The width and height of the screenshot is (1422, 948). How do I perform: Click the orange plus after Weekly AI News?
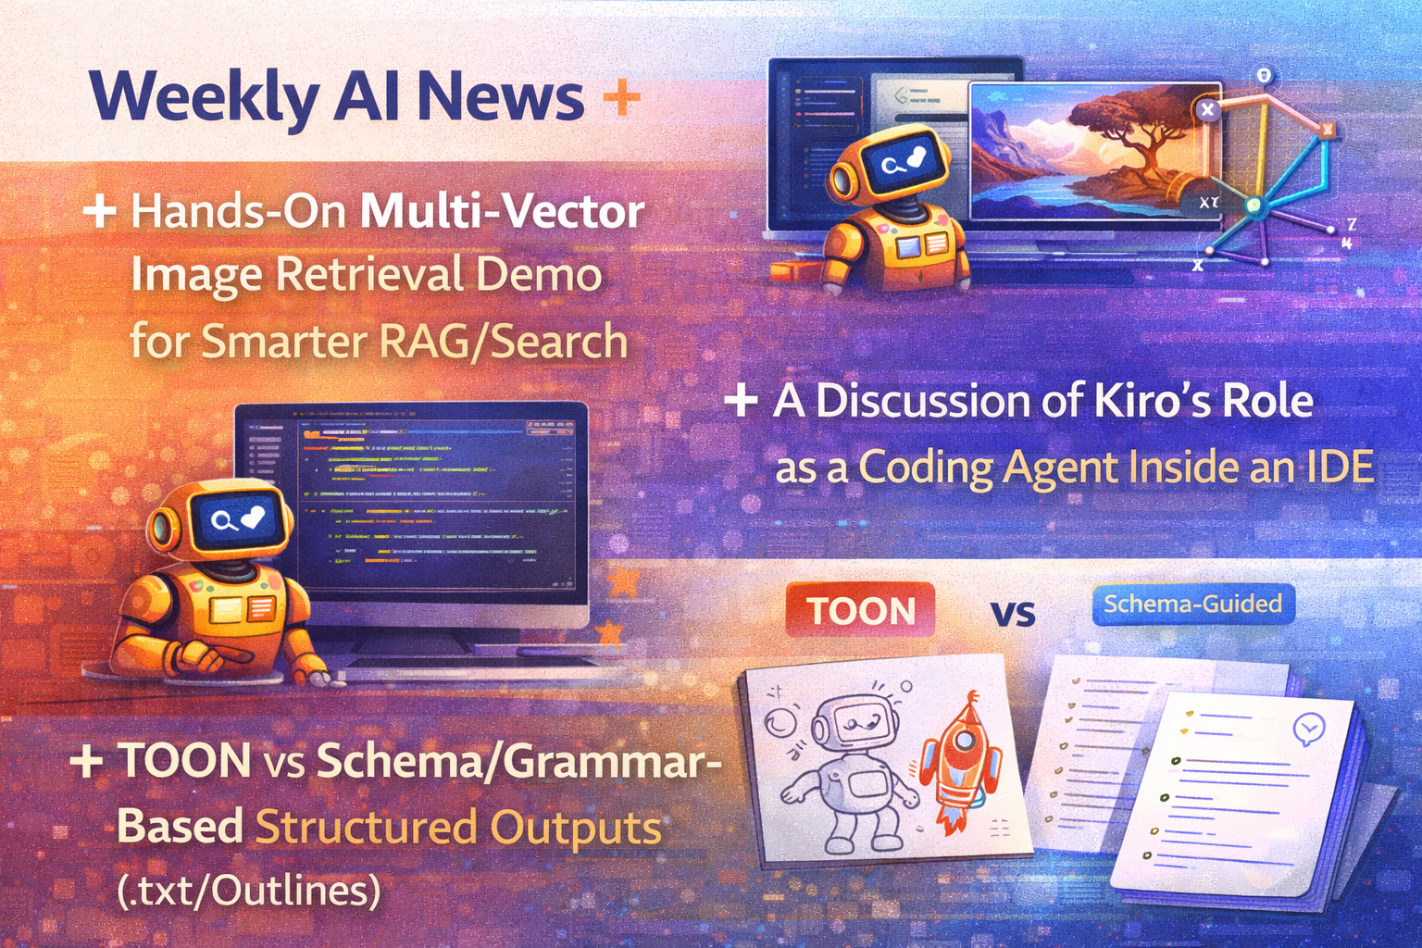[620, 97]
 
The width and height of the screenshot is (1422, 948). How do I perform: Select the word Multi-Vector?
[502, 212]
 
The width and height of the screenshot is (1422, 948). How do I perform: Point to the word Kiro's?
[1154, 402]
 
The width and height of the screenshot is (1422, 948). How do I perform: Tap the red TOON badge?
[860, 611]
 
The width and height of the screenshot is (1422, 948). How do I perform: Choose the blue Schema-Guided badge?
[1192, 605]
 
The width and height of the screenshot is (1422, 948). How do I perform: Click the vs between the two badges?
[1013, 613]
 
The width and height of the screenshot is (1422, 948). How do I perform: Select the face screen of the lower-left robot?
[236, 519]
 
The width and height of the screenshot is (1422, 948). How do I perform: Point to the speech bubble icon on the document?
[1308, 730]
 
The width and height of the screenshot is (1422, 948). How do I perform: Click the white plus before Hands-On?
[99, 211]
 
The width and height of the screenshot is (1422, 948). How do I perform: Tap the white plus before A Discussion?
[741, 402]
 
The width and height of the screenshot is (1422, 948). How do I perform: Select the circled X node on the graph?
[1207, 110]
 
